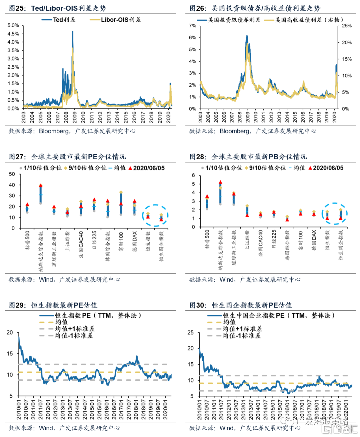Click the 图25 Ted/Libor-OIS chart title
[x=57, y=8]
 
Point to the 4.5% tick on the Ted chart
[x=13, y=34]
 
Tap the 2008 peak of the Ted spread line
[x=73, y=32]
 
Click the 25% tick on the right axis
[x=347, y=26]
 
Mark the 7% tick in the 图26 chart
[x=193, y=26]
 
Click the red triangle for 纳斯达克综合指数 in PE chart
[x=41, y=186]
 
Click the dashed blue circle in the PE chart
[x=155, y=216]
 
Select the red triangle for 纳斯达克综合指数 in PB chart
[x=220, y=182]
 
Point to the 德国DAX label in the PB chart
[x=314, y=240]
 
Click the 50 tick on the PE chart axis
[x=12, y=174]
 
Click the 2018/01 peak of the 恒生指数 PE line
[x=137, y=356]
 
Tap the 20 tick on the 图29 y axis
[x=10, y=332]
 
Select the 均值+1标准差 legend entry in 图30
[x=242, y=329]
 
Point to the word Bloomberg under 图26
[x=234, y=131]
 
